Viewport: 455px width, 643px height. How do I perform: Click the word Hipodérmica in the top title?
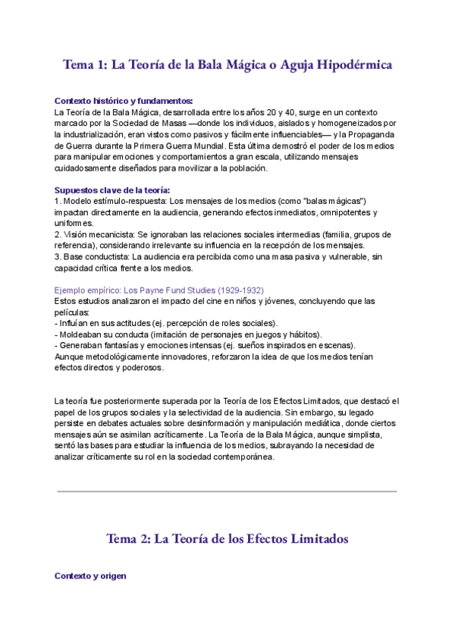click(352, 65)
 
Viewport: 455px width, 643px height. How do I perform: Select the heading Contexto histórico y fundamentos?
click(124, 101)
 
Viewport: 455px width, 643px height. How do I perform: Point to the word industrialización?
click(87, 134)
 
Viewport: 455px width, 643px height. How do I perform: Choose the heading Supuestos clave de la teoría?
click(112, 190)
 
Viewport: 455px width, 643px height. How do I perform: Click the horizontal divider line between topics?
click(227, 491)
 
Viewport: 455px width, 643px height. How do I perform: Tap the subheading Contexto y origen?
click(90, 576)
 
